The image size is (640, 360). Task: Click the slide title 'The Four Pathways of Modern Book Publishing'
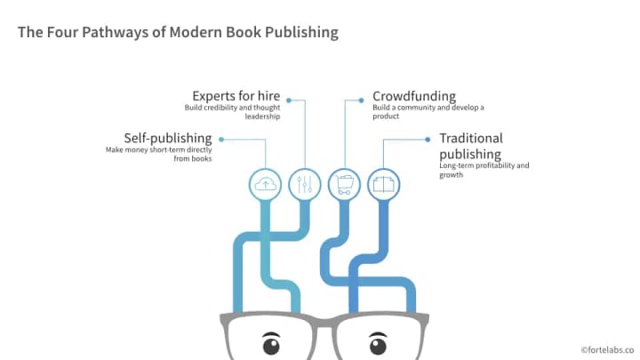tap(178, 33)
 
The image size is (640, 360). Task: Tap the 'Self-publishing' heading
tap(168, 138)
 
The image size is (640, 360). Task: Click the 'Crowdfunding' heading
tap(414, 95)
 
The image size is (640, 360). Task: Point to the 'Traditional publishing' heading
tap(471, 146)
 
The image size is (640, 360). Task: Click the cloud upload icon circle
tap(264, 183)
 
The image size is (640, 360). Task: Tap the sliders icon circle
tap(304, 183)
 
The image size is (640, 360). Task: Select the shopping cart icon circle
tap(344, 183)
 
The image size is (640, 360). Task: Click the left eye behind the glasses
tap(270, 342)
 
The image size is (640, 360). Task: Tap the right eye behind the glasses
tap(380, 342)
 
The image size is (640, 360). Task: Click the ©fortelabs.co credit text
tap(606, 350)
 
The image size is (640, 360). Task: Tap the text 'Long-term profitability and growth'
tap(484, 170)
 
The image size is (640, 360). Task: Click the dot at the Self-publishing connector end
tap(220, 139)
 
